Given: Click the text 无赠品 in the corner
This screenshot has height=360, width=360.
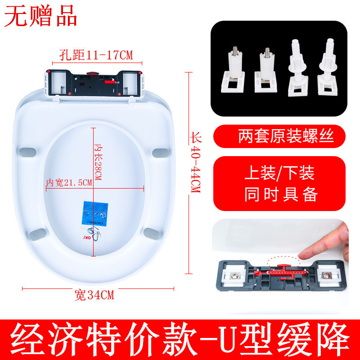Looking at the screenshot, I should click(x=41, y=16).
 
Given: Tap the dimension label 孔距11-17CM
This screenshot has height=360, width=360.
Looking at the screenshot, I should click(x=96, y=55).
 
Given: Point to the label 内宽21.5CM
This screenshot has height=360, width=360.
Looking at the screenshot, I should click(x=69, y=182).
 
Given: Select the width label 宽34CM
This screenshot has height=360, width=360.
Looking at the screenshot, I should click(x=94, y=295).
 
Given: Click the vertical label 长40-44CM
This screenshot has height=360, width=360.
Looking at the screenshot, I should click(x=195, y=164).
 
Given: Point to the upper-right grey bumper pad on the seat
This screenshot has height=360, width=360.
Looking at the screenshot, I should click(x=159, y=153).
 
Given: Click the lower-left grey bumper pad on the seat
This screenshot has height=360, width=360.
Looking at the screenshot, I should click(x=37, y=233).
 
